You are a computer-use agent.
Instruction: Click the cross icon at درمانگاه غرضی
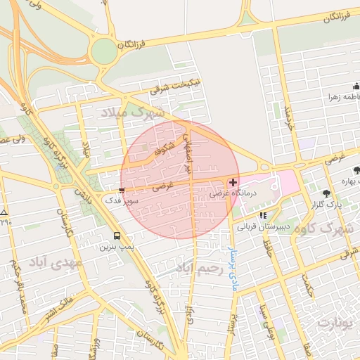[233, 182]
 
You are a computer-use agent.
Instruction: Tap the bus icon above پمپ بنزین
[117, 236]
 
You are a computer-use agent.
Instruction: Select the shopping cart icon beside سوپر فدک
[122, 190]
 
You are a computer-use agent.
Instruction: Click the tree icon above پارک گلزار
[326, 193]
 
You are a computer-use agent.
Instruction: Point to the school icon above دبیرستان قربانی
[263, 216]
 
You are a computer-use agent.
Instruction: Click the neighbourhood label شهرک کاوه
[324, 229]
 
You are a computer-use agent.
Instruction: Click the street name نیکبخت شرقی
[175, 87]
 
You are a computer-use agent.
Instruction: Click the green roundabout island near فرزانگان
[103, 50]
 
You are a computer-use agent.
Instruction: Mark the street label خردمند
[287, 117]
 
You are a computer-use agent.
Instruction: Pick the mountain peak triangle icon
[4, 212]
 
